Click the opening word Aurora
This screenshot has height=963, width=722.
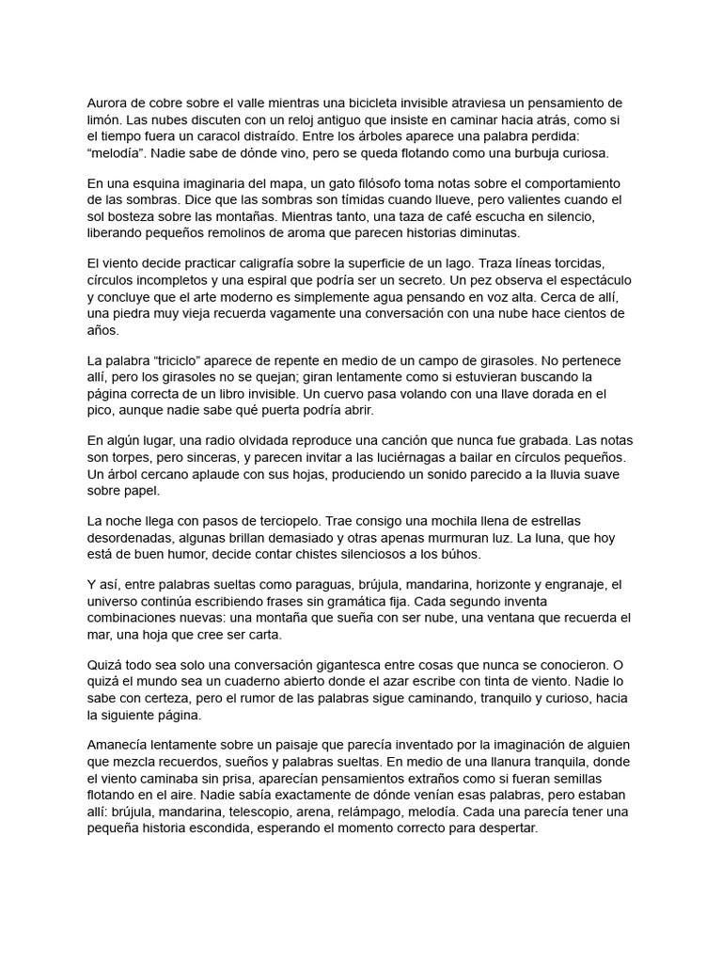coord(108,103)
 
